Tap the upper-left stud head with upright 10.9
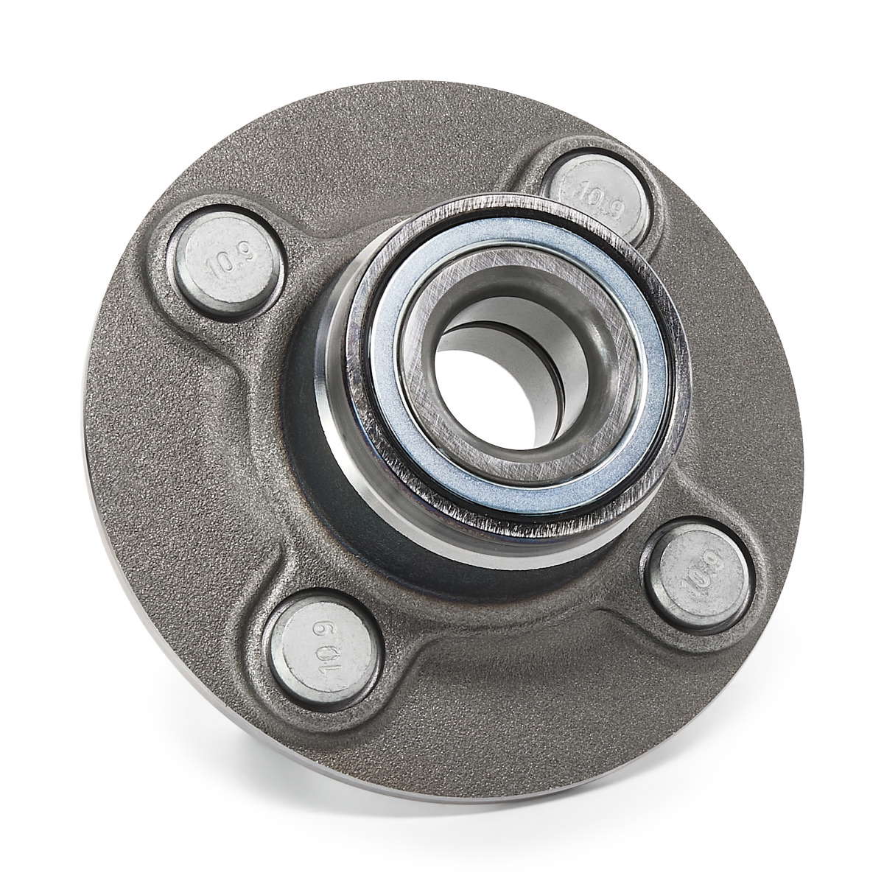pos(227,262)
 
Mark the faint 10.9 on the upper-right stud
pos(601,198)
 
